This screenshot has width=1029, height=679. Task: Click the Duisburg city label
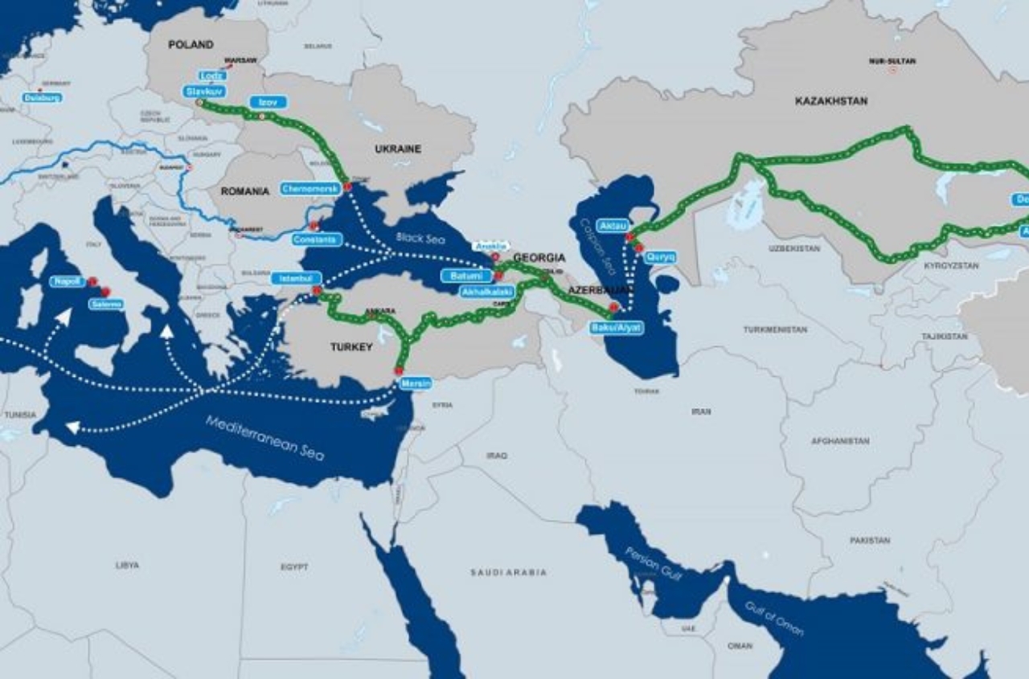click(x=42, y=97)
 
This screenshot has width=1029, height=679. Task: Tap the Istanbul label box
click(x=296, y=278)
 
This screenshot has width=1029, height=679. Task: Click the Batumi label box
click(x=466, y=276)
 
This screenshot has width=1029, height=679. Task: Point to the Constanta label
click(x=317, y=239)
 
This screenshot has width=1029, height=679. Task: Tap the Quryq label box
click(x=659, y=257)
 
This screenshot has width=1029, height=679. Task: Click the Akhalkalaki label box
click(x=487, y=292)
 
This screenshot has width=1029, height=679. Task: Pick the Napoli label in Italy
click(x=68, y=282)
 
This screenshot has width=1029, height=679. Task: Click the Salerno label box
click(x=106, y=305)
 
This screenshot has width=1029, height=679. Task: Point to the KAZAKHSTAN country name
click(x=831, y=101)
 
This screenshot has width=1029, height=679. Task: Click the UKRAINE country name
click(x=397, y=149)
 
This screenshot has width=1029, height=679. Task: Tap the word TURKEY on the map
click(x=351, y=347)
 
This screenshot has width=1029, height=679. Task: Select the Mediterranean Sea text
click(x=264, y=438)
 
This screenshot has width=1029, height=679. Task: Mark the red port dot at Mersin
click(x=398, y=370)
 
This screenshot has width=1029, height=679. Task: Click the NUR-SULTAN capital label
click(x=892, y=61)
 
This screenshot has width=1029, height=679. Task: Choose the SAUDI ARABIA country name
click(x=508, y=572)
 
